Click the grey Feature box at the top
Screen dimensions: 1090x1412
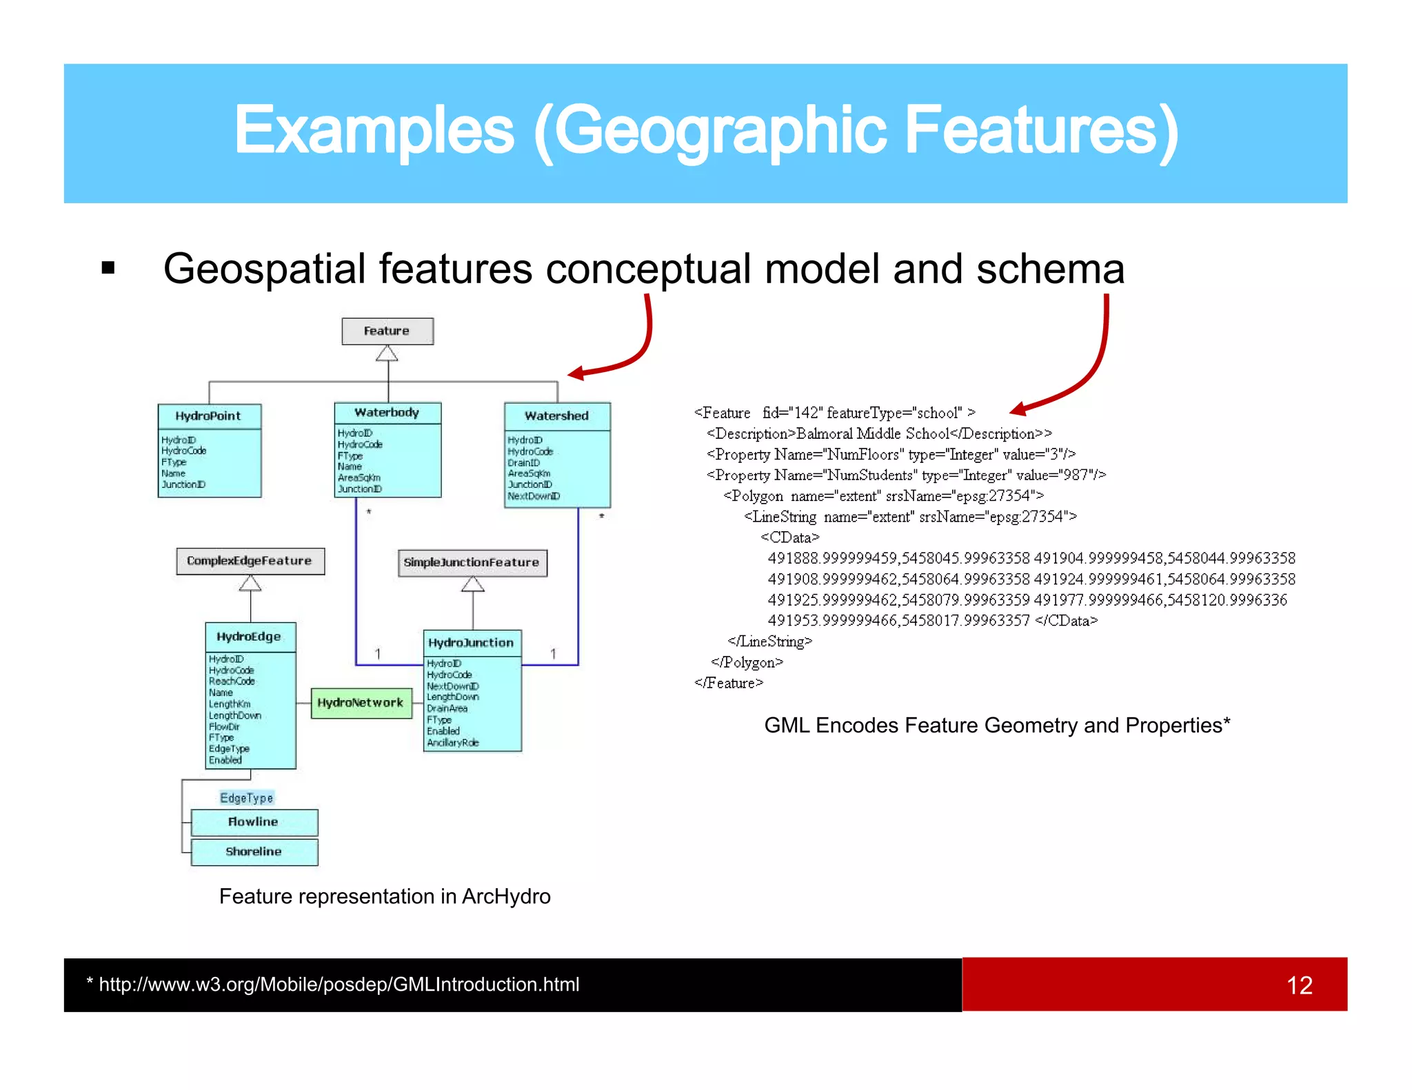point(387,331)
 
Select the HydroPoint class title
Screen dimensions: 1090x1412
point(208,416)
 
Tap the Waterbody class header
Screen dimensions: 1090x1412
point(387,413)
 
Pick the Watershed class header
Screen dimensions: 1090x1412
point(556,416)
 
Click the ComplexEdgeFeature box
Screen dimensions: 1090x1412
point(250,561)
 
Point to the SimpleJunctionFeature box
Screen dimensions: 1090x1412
point(472,562)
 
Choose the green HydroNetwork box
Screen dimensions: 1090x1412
point(361,703)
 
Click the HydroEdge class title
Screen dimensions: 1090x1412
point(250,637)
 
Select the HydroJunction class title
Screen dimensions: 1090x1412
point(472,643)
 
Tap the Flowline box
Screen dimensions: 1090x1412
point(254,822)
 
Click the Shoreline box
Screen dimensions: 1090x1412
point(254,852)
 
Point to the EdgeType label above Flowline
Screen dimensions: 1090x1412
point(247,798)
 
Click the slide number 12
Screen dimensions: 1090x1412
point(1299,985)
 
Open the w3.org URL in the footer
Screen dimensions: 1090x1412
point(339,985)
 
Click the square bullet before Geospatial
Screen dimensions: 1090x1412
point(108,268)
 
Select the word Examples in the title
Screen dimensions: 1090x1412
point(374,130)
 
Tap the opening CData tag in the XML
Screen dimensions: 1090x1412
point(790,537)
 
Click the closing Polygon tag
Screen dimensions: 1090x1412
point(747,663)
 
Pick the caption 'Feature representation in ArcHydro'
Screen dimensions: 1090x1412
point(385,896)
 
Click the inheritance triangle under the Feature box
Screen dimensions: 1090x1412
point(387,353)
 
